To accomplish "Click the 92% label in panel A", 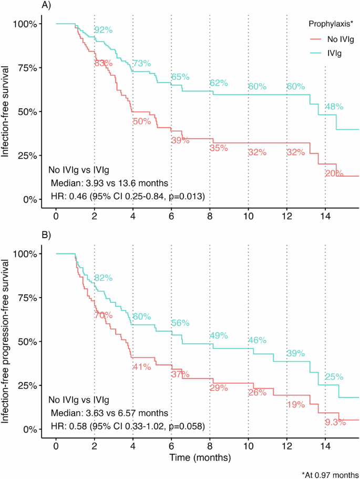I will pyautogui.click(x=104, y=30).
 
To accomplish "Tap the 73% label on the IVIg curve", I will pyautogui.click(x=141, y=64).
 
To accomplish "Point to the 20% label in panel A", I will pyautogui.click(x=334, y=173).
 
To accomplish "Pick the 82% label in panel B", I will pyautogui.click(x=104, y=278).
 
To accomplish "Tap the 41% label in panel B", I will pyautogui.click(x=141, y=365).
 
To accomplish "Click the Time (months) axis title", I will pyautogui.click(x=200, y=457).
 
